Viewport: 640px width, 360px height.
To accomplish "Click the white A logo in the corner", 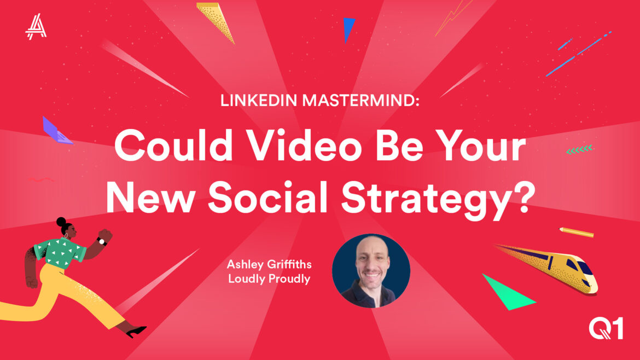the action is pyautogui.click(x=36, y=26).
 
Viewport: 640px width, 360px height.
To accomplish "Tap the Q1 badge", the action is pyautogui.click(x=606, y=329).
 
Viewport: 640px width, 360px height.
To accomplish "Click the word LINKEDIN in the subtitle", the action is pyautogui.click(x=258, y=101).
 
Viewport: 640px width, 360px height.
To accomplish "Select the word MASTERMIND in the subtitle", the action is pyautogui.click(x=358, y=101).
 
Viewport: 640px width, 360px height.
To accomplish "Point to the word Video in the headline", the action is pyautogui.click(x=305, y=146).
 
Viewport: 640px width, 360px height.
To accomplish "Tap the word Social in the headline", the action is pyautogui.click(x=267, y=197).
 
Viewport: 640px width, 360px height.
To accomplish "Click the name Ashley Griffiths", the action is pyautogui.click(x=269, y=264).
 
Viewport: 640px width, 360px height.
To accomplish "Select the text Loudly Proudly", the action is pyautogui.click(x=269, y=279).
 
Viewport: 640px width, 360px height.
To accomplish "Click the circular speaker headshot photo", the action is pyautogui.click(x=371, y=271).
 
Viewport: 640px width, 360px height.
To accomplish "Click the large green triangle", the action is pyautogui.click(x=507, y=293).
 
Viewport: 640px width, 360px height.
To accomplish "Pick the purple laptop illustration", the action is pyautogui.click(x=57, y=131).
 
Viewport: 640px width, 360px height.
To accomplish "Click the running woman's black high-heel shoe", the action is pyautogui.click(x=136, y=332).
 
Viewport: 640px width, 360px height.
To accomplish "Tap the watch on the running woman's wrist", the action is pyautogui.click(x=102, y=241).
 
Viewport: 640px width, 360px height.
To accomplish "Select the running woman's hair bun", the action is pyautogui.click(x=61, y=222).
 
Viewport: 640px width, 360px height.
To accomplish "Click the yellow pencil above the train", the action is pyautogui.click(x=577, y=232).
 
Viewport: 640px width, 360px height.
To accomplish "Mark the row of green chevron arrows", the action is pyautogui.click(x=579, y=149).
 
